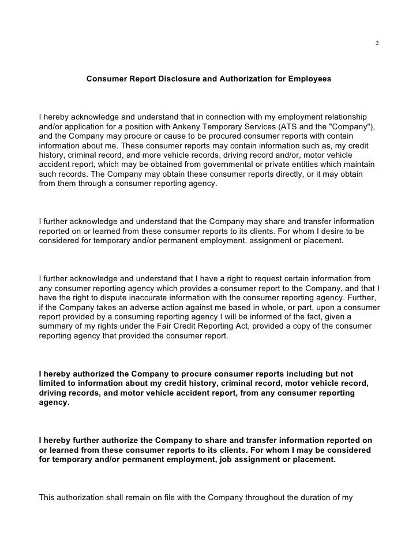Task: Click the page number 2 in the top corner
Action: click(x=376, y=44)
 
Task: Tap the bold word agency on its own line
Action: click(x=54, y=404)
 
